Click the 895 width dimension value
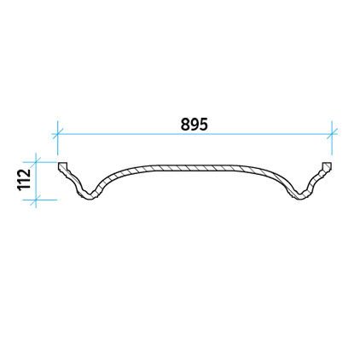(195, 125)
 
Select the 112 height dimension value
(24, 180)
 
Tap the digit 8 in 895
(185, 125)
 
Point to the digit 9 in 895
(195, 125)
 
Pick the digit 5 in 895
(204, 125)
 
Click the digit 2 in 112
(24, 173)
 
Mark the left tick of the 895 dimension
(57, 134)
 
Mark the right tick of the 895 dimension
(332, 134)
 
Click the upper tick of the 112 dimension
(36, 162)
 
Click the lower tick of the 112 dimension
(36, 200)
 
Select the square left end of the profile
(63, 165)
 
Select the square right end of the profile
(327, 165)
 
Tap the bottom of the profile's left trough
(90, 197)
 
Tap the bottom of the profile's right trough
(299, 197)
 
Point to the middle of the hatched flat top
(195, 168)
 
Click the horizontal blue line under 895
(195, 134)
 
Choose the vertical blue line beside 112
(36, 180)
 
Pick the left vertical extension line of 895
(57, 138)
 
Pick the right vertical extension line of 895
(332, 138)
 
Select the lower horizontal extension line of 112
(40, 200)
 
